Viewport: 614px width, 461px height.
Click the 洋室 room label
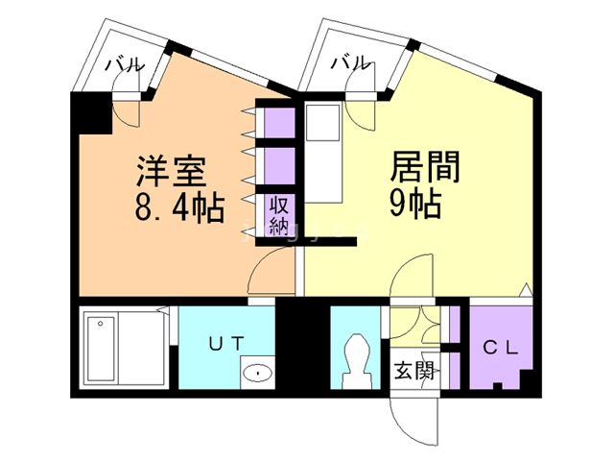tap(172, 171)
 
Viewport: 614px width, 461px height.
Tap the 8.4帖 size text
tap(179, 207)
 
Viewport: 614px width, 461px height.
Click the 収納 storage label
tap(279, 215)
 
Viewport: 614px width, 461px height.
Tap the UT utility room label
tap(226, 344)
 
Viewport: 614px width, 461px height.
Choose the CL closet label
tap(501, 347)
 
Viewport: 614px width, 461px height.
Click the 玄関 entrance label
tap(414, 370)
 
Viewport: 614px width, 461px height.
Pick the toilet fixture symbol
tap(357, 361)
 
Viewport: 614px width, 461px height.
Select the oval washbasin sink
tap(257, 373)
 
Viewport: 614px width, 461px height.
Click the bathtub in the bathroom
tap(101, 349)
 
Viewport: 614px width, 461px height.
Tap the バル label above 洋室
tap(125, 64)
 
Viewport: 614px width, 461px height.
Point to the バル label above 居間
tap(350, 62)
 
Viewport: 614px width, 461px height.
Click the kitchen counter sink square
tap(322, 122)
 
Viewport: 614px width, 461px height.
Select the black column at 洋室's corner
tap(92, 113)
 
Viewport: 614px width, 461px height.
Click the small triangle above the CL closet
tap(526, 289)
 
